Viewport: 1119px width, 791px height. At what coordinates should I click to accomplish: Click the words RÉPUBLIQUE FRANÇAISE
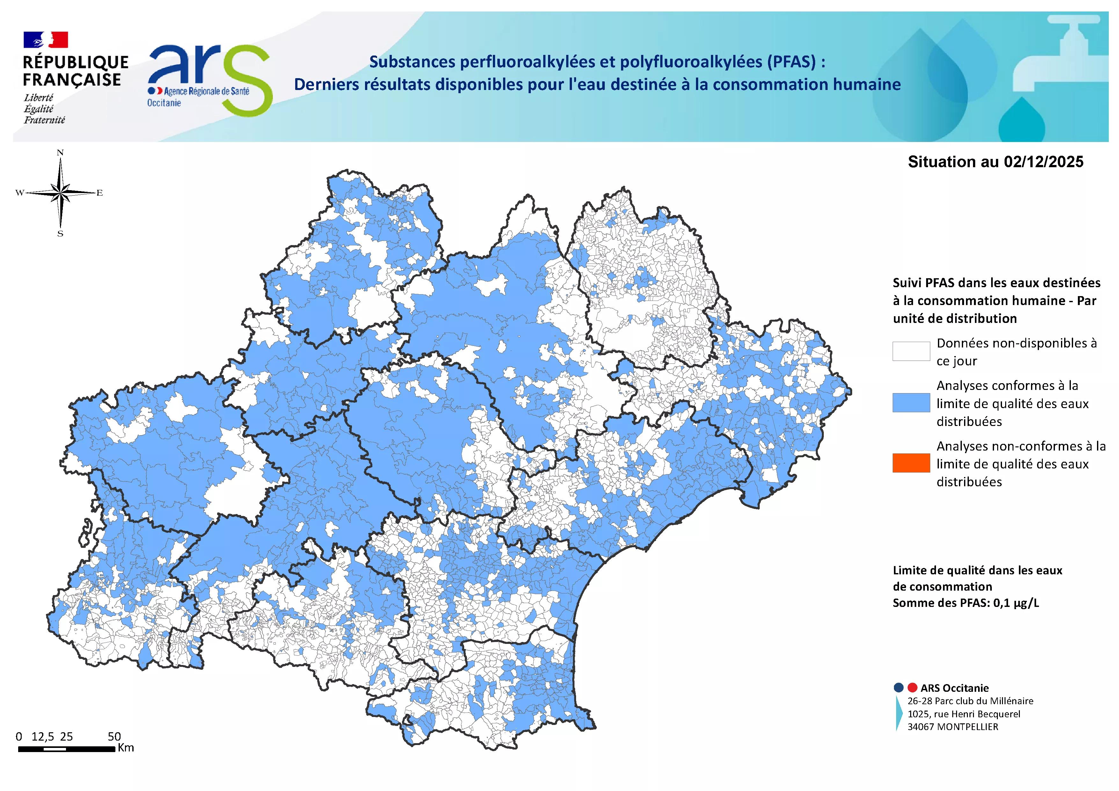[x=76, y=71]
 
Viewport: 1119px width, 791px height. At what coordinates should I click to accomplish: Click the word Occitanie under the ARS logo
[x=164, y=103]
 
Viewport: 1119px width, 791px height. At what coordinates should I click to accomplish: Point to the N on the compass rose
[x=61, y=153]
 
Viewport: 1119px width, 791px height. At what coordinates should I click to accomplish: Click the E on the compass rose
[x=99, y=193]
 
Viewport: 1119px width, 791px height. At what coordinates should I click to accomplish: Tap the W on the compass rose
[x=19, y=193]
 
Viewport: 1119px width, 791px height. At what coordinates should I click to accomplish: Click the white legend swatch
[x=911, y=351]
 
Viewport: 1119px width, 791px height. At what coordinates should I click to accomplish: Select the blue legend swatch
[x=911, y=403]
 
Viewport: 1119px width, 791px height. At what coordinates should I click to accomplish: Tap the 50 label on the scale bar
[x=114, y=736]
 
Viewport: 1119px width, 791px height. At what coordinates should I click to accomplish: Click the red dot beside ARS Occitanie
[x=912, y=688]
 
